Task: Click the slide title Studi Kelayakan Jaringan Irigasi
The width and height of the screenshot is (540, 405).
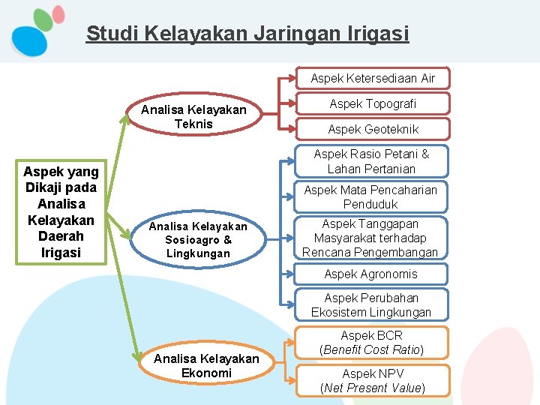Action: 247,34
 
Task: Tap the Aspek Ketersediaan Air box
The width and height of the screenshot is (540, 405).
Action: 373,78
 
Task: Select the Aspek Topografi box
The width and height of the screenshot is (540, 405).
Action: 373,103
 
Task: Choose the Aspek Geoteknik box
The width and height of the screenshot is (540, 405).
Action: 373,129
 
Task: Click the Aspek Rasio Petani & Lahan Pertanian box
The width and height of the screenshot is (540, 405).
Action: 371,160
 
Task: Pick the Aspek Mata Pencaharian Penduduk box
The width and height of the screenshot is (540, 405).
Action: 370,196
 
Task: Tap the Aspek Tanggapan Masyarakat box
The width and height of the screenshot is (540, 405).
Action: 370,238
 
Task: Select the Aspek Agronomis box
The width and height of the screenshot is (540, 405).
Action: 370,274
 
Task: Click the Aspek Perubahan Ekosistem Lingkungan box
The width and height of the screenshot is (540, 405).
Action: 371,304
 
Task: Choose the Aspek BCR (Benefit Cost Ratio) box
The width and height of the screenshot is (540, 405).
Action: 371,343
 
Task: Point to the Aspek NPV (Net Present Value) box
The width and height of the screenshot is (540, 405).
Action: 372,380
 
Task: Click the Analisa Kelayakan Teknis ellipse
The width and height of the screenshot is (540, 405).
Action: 193,117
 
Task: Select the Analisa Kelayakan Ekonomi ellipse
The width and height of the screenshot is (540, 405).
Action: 206,366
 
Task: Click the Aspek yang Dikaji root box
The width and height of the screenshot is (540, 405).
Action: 61,212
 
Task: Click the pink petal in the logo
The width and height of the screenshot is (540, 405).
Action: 58,14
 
